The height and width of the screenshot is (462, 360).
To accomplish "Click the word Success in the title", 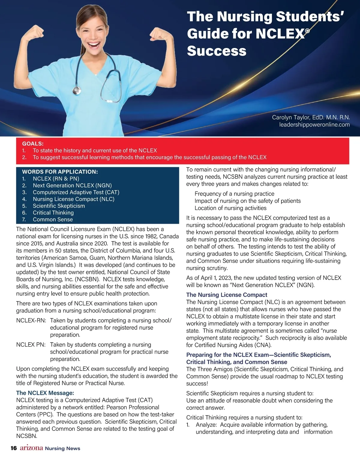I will click(x=217, y=51).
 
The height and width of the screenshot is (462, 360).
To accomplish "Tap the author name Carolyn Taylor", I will click(x=291, y=117).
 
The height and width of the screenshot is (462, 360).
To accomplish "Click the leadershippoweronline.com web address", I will click(x=314, y=124).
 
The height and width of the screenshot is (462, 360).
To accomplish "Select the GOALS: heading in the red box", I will click(x=33, y=144).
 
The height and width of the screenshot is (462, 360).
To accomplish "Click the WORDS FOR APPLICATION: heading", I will click(x=60, y=172).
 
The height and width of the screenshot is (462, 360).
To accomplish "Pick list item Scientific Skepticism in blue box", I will click(x=59, y=206).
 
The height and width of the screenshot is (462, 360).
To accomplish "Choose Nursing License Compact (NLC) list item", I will click(x=73, y=199).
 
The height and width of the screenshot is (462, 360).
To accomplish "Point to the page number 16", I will click(x=13, y=448).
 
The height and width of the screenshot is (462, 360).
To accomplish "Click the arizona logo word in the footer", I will click(x=31, y=448).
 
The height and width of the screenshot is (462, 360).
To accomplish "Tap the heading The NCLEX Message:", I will click(x=45, y=393).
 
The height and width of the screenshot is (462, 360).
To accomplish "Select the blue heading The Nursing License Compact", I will click(x=226, y=295).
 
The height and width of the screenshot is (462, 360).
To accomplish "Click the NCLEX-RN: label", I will click(x=31, y=320).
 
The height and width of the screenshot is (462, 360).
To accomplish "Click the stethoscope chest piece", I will click(x=77, y=90).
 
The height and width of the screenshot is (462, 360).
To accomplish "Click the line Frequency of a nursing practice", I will click(x=234, y=194).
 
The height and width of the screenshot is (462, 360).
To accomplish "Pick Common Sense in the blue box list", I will click(x=53, y=219).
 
